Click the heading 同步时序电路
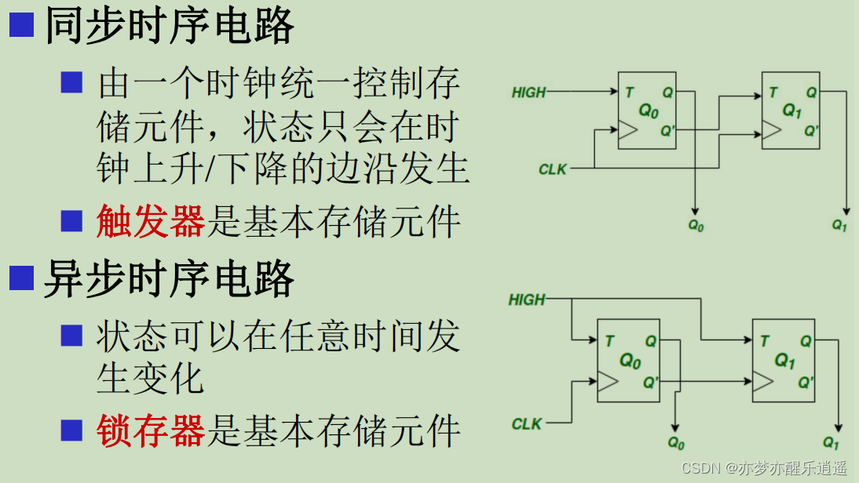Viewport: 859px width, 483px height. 169,26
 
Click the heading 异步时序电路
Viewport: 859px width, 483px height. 169,279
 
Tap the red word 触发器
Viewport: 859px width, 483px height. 150,223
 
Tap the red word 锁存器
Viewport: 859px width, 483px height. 150,430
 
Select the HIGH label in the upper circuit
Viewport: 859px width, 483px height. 528,93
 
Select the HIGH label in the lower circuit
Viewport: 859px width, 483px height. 526,300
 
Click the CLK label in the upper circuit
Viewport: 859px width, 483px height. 552,169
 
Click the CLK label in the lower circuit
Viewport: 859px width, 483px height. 526,424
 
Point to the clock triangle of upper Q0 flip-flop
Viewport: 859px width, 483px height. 627,131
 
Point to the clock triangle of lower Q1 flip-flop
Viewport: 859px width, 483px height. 762,382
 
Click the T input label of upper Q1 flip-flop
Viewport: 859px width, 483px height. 773,93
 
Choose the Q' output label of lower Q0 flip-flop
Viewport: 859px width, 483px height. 650,383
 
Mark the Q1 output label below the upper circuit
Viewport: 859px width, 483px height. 839,225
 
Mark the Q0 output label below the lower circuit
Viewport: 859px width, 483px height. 675,442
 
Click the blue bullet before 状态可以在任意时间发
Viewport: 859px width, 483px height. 72,335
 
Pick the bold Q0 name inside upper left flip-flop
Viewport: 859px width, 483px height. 648,111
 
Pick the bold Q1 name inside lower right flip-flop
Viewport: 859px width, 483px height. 785,361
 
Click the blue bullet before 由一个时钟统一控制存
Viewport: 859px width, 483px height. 72,82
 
